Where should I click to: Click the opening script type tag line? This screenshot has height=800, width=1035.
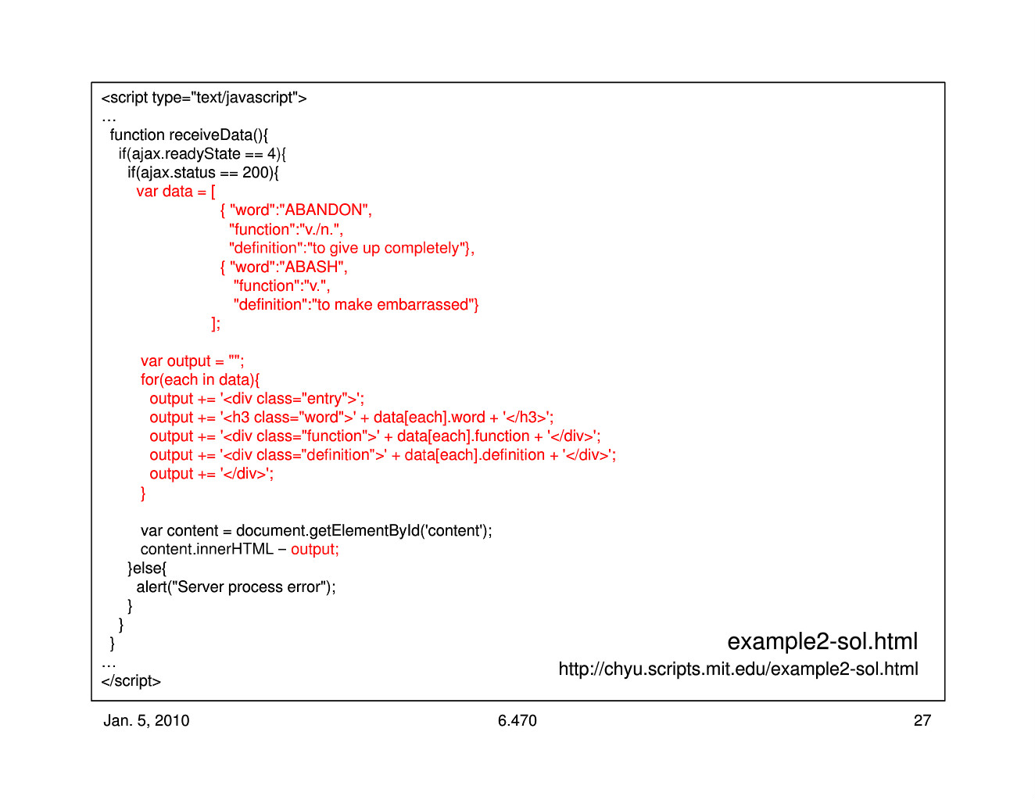click(x=204, y=98)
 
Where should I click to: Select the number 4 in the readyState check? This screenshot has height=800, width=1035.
click(x=271, y=153)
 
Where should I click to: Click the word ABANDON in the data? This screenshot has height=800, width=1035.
click(x=324, y=210)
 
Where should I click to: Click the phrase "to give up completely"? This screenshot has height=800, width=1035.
click(x=385, y=248)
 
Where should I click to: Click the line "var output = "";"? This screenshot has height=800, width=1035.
click(x=192, y=361)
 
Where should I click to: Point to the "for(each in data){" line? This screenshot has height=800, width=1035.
click(x=200, y=380)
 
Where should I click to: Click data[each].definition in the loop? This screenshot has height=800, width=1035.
click(x=475, y=455)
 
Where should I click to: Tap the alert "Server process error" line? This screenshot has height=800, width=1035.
click(x=236, y=587)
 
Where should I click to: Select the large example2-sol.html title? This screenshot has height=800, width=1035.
click(x=822, y=641)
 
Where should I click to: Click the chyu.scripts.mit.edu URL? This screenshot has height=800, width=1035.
click(x=738, y=669)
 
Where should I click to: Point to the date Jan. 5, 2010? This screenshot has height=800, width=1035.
click(x=146, y=720)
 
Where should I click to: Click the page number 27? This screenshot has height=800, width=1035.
click(x=922, y=720)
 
